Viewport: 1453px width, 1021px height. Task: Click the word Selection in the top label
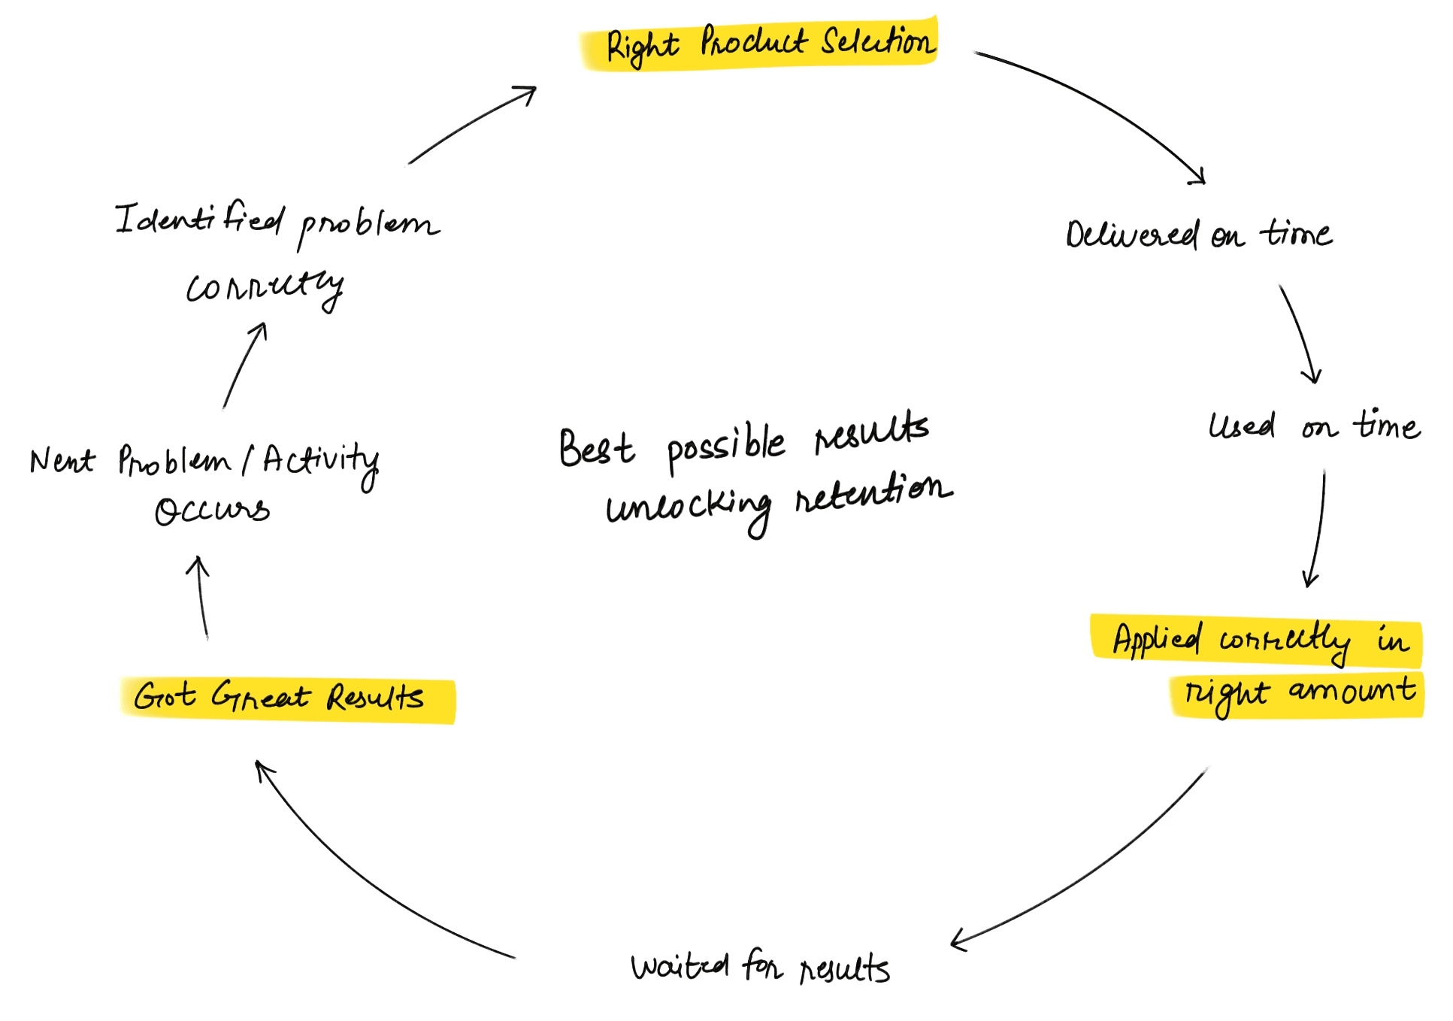pyautogui.click(x=878, y=41)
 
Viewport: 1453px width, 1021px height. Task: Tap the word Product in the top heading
pyautogui.click(x=753, y=42)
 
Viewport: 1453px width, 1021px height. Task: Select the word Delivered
pyautogui.click(x=1131, y=235)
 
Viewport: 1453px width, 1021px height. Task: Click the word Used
pyautogui.click(x=1242, y=426)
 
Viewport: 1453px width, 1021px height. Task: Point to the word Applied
pyautogui.click(x=1156, y=640)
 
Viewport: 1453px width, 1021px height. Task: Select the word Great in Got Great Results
pyautogui.click(x=260, y=696)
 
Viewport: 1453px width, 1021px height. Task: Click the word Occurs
pyautogui.click(x=212, y=511)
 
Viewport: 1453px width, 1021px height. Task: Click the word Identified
pyautogui.click(x=200, y=220)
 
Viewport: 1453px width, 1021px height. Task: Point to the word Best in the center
pyautogui.click(x=596, y=449)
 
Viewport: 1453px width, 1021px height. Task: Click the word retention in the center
pyautogui.click(x=873, y=492)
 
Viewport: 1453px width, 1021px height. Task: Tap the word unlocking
pyautogui.click(x=689, y=508)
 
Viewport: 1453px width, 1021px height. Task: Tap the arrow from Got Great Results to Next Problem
pyautogui.click(x=201, y=598)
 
